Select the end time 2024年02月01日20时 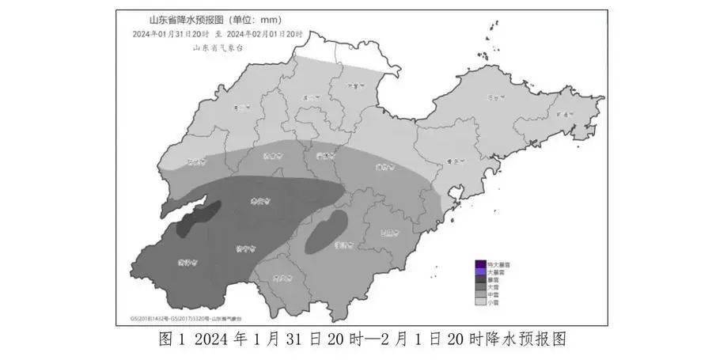(268, 34)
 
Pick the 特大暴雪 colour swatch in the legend (479, 263)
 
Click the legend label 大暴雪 (496, 271)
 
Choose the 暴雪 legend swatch (479, 279)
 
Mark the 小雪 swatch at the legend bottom (479, 302)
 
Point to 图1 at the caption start (171, 341)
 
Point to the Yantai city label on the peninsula (496, 97)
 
